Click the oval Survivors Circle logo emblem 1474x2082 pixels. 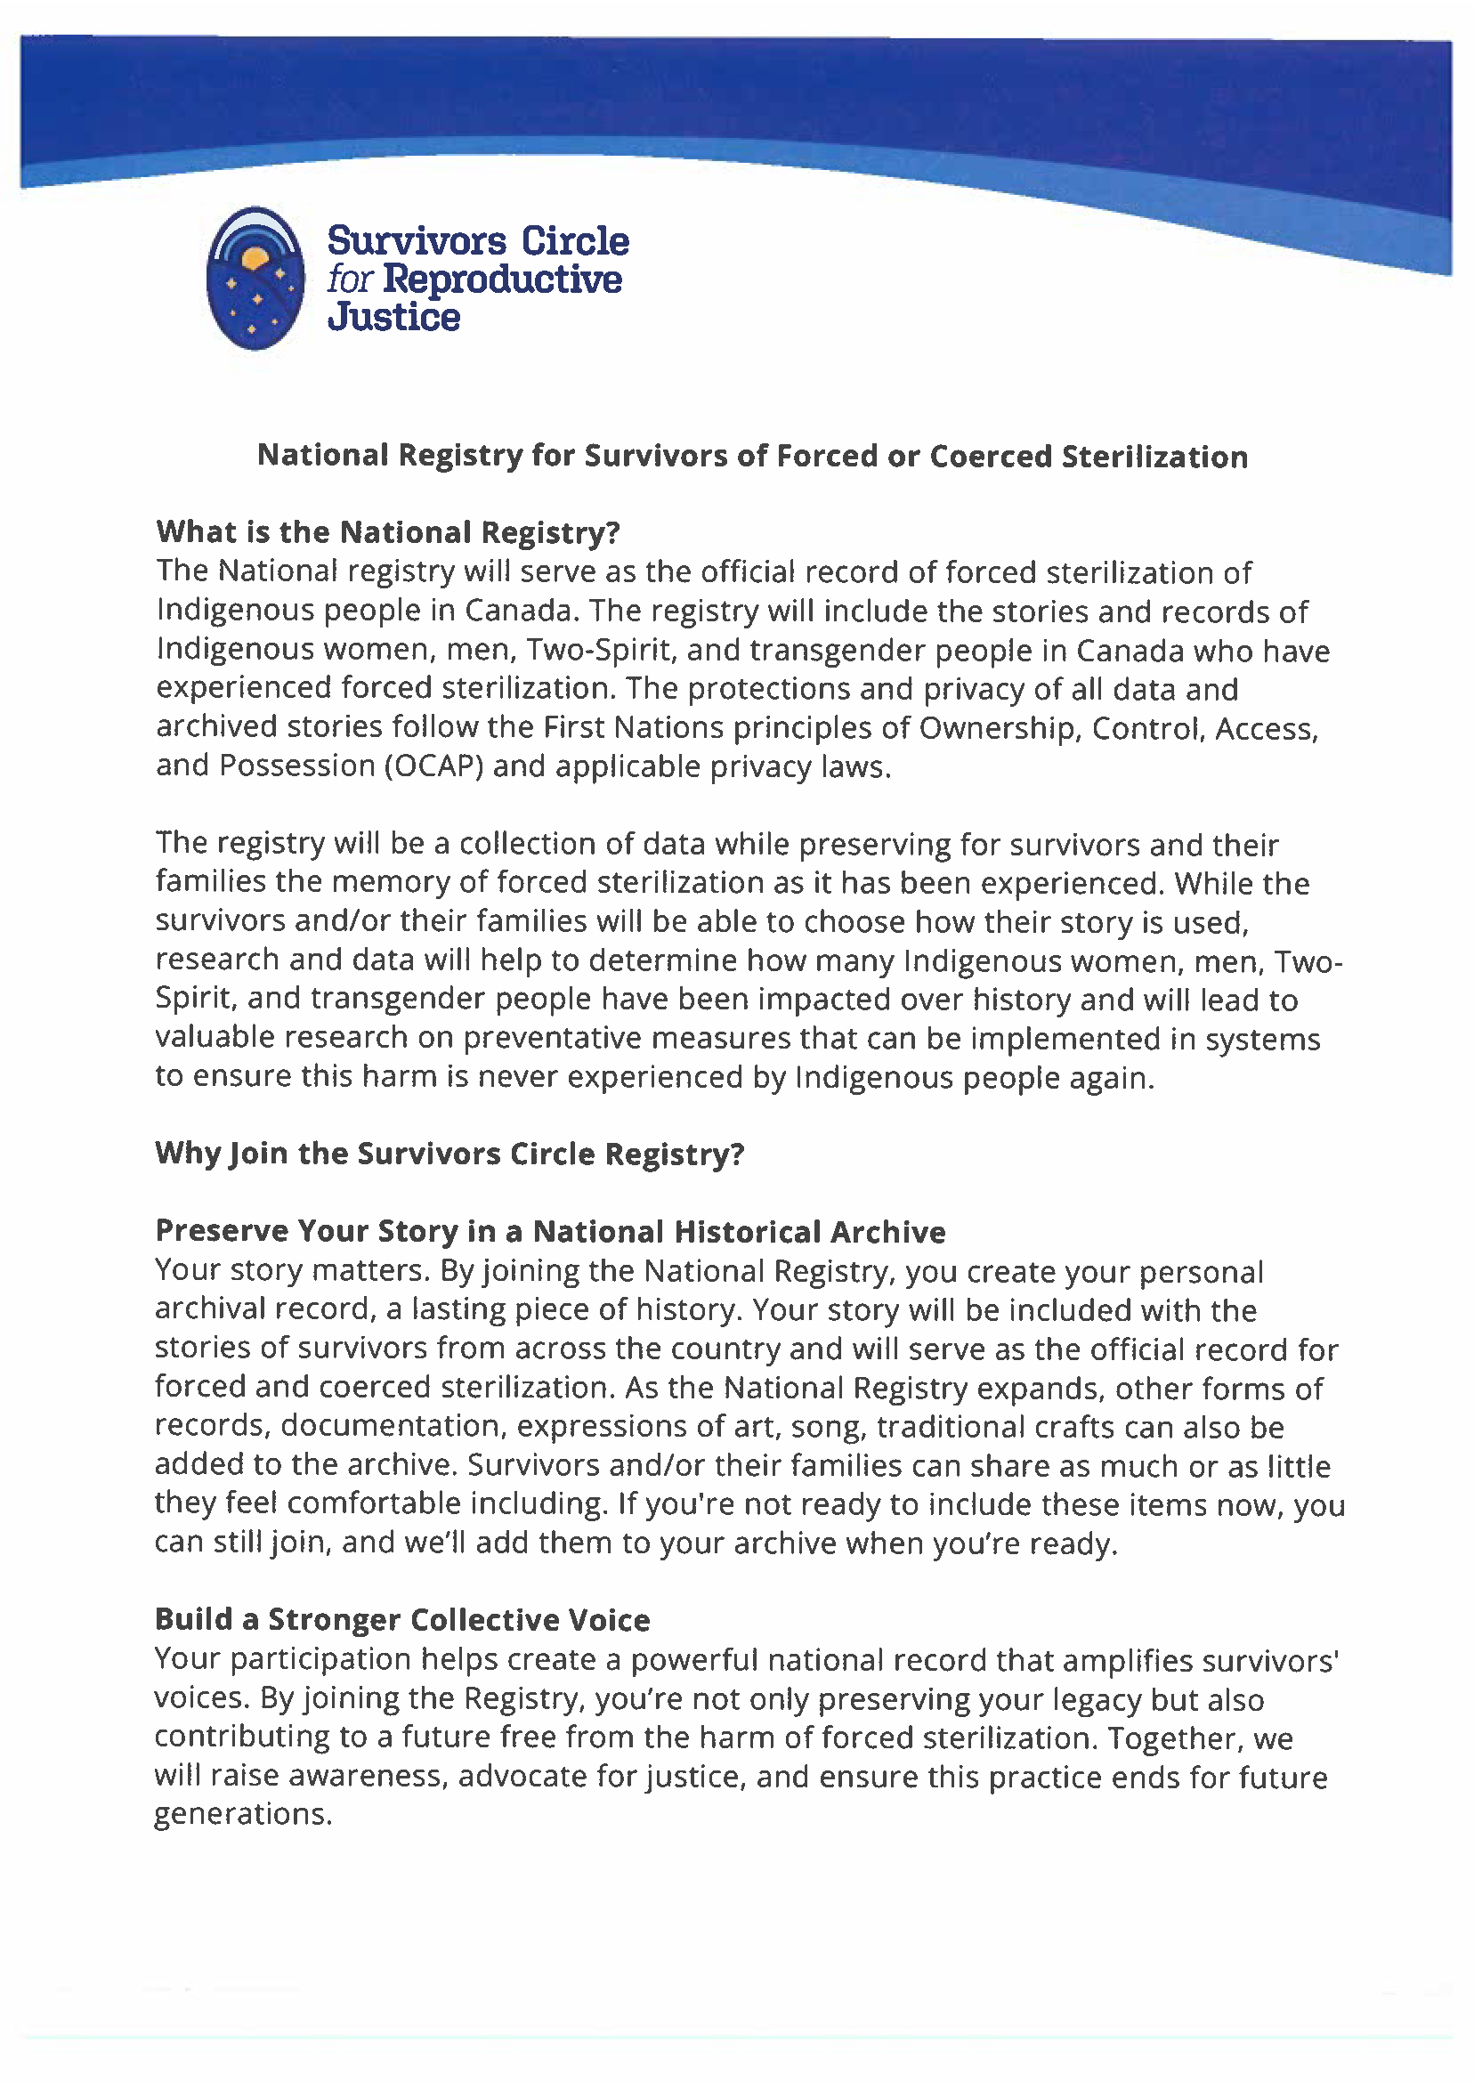coord(255,278)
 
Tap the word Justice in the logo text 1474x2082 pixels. coord(394,317)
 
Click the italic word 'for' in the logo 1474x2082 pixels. coord(351,279)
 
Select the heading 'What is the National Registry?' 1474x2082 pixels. coord(387,531)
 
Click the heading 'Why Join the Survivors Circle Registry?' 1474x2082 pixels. coord(449,1154)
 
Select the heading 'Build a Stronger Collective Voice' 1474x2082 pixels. coord(402,1619)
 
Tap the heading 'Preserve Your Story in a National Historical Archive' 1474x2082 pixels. coord(550,1232)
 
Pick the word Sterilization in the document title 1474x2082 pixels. coord(1154,456)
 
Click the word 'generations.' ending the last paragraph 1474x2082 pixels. coord(243,1814)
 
